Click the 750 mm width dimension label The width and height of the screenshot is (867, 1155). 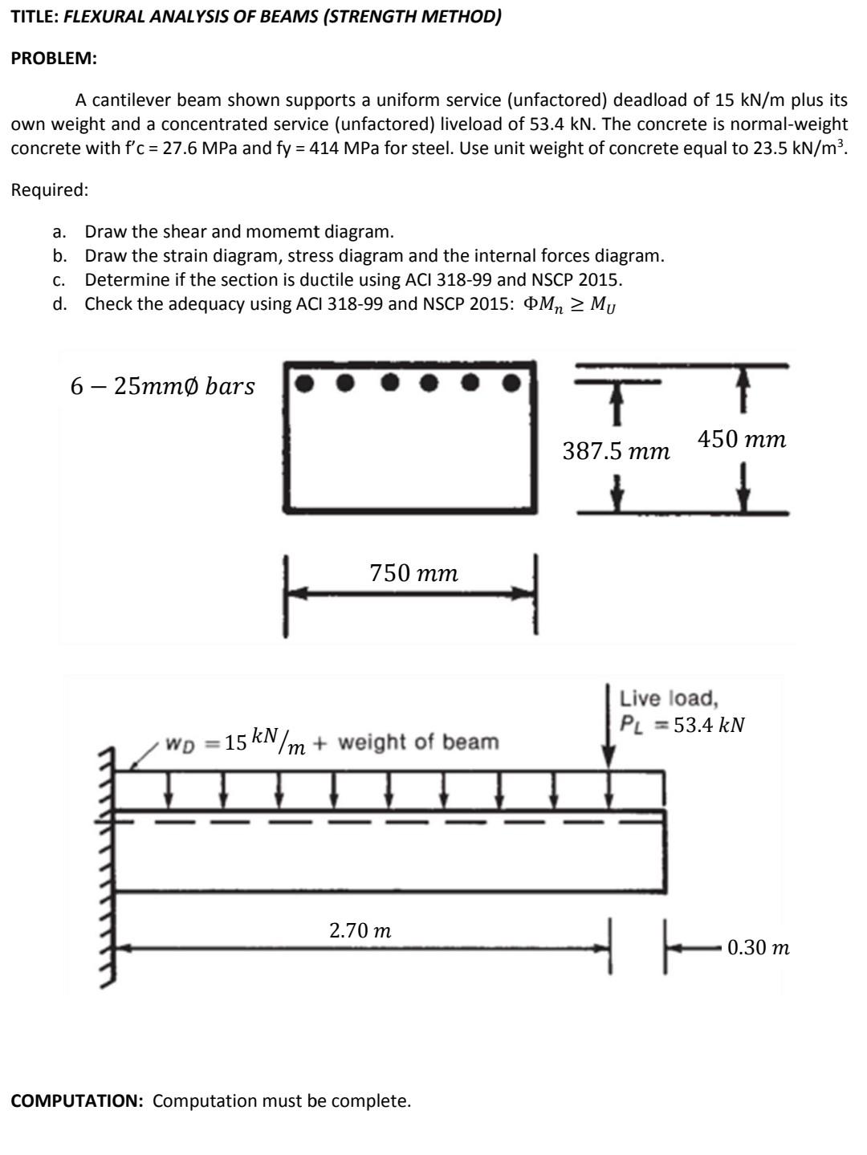click(413, 573)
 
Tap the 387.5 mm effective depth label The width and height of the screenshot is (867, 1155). click(616, 451)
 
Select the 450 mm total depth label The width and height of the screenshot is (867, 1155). click(742, 439)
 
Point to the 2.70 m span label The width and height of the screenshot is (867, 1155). click(360, 930)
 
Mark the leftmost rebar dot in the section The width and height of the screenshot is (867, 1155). click(304, 383)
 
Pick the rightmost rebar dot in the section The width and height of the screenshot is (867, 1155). click(511, 383)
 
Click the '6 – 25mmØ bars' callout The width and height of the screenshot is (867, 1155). click(162, 386)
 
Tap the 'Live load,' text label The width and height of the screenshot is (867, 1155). click(669, 698)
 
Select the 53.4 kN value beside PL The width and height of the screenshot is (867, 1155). click(710, 725)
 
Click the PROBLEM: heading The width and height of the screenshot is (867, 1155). click(53, 59)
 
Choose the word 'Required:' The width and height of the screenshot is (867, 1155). click(50, 190)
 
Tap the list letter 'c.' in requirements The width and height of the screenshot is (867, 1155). click(58, 279)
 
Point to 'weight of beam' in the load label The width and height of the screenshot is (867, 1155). click(418, 742)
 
